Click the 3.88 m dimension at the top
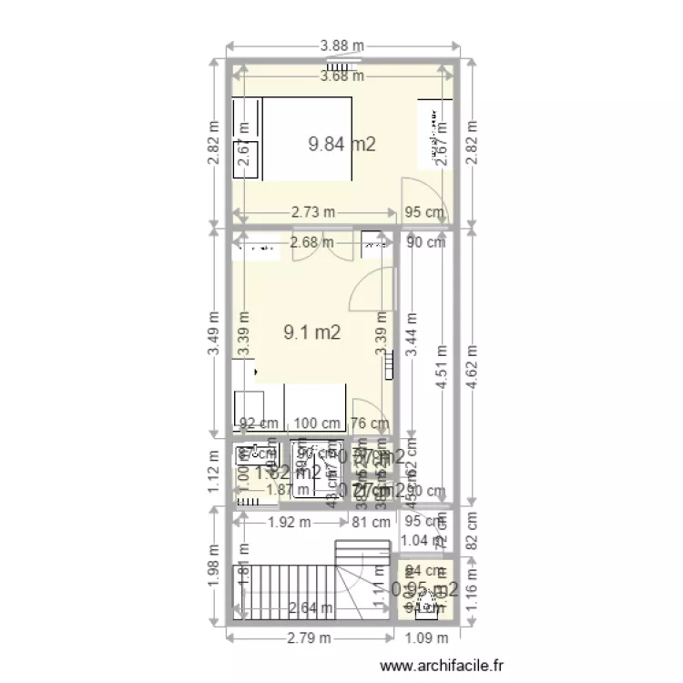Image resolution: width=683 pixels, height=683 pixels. click(341, 45)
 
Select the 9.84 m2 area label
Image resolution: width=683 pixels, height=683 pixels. click(341, 143)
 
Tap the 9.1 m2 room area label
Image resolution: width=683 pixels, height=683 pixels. click(311, 332)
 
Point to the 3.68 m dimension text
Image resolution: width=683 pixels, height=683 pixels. click(341, 76)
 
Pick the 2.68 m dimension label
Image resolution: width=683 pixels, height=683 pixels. click(311, 243)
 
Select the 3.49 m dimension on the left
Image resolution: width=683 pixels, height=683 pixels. click(213, 332)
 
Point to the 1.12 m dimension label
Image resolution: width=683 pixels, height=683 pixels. click(213, 476)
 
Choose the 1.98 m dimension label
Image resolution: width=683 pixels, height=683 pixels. click(213, 567)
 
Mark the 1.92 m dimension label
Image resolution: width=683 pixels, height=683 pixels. click(290, 523)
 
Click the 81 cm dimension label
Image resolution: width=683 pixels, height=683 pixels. click(370, 523)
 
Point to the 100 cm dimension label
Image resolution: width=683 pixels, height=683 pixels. click(316, 423)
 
